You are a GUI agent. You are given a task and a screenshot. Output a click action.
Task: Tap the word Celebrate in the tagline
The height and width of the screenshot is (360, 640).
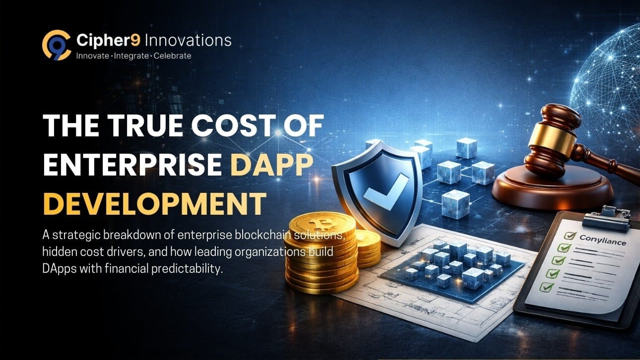(x=172, y=56)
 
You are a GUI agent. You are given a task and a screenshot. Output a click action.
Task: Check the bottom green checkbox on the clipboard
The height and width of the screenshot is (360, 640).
(x=546, y=287)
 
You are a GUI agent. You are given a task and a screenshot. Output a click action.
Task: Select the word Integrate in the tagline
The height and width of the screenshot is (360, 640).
(x=131, y=56)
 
